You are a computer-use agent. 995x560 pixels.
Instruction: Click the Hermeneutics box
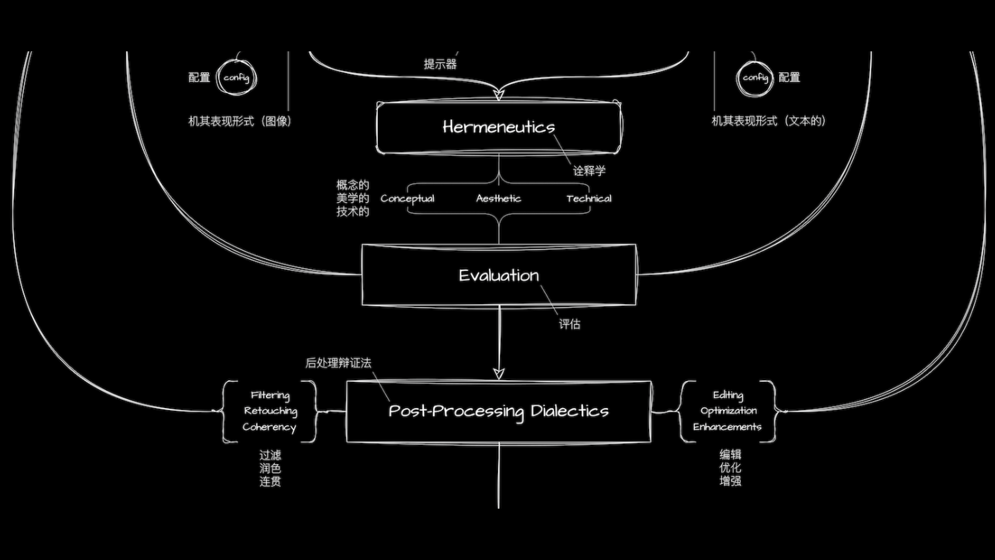click(x=499, y=128)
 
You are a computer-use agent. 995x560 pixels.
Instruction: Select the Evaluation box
click(x=499, y=275)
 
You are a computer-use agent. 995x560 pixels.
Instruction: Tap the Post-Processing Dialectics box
click(x=499, y=411)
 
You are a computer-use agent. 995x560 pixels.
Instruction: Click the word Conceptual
click(x=407, y=199)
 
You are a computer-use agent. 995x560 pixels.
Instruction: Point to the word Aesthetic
click(x=499, y=199)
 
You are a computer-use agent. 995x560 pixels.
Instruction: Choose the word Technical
click(x=589, y=199)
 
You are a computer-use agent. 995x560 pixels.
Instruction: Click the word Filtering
click(x=270, y=395)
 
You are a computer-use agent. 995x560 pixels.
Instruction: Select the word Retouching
click(x=271, y=411)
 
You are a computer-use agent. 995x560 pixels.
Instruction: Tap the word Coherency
click(x=269, y=427)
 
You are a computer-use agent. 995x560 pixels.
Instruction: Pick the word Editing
click(x=728, y=395)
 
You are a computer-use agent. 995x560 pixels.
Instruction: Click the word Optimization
click(x=728, y=411)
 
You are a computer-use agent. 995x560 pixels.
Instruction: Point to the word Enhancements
click(x=727, y=427)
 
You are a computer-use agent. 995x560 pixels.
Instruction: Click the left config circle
click(x=236, y=78)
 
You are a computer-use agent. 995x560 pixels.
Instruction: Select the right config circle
click(x=755, y=78)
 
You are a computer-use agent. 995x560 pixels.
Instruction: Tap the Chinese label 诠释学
click(x=589, y=171)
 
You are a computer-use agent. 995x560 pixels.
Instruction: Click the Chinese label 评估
click(x=569, y=324)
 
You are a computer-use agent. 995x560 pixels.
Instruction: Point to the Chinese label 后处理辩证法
click(x=338, y=363)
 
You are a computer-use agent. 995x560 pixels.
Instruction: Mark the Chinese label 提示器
click(x=440, y=64)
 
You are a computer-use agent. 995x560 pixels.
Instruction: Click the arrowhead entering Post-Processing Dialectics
click(x=499, y=374)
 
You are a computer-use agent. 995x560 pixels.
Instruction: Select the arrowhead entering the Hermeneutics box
click(x=499, y=95)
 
